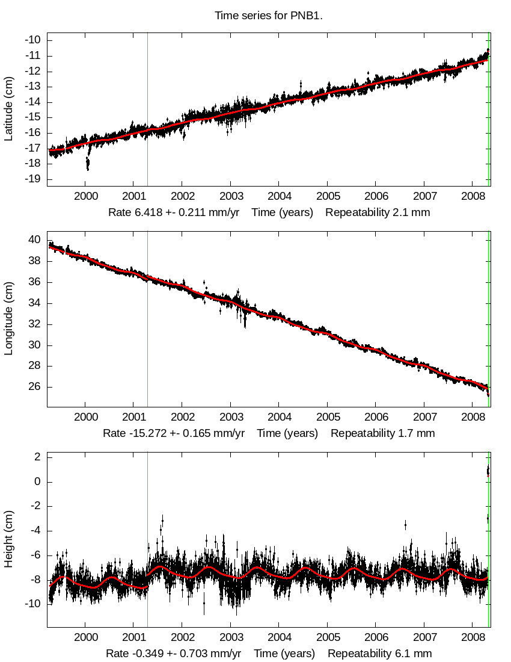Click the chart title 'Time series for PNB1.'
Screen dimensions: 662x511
[269, 16]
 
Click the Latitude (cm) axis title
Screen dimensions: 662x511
[8, 109]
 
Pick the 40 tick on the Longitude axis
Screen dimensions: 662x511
[35, 240]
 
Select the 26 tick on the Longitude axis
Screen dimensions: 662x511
[35, 387]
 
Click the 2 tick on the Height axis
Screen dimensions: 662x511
[37, 457]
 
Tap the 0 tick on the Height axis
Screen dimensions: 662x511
[37, 481]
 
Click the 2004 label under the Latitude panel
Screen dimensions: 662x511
[279, 197]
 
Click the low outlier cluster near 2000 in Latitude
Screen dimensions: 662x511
[88, 163]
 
